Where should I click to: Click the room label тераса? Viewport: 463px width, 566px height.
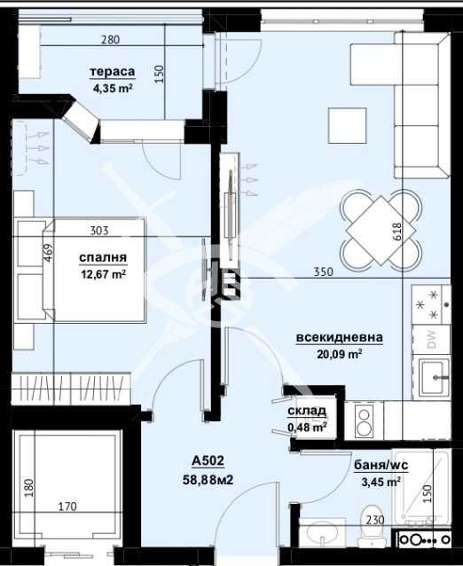(112, 72)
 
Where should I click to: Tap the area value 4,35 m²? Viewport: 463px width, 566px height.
(112, 88)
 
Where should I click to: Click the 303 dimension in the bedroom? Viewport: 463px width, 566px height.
(99, 231)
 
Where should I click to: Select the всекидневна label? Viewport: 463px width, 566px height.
(339, 337)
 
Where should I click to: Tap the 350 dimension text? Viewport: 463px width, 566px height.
(323, 272)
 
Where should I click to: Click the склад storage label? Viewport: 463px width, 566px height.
(307, 412)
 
